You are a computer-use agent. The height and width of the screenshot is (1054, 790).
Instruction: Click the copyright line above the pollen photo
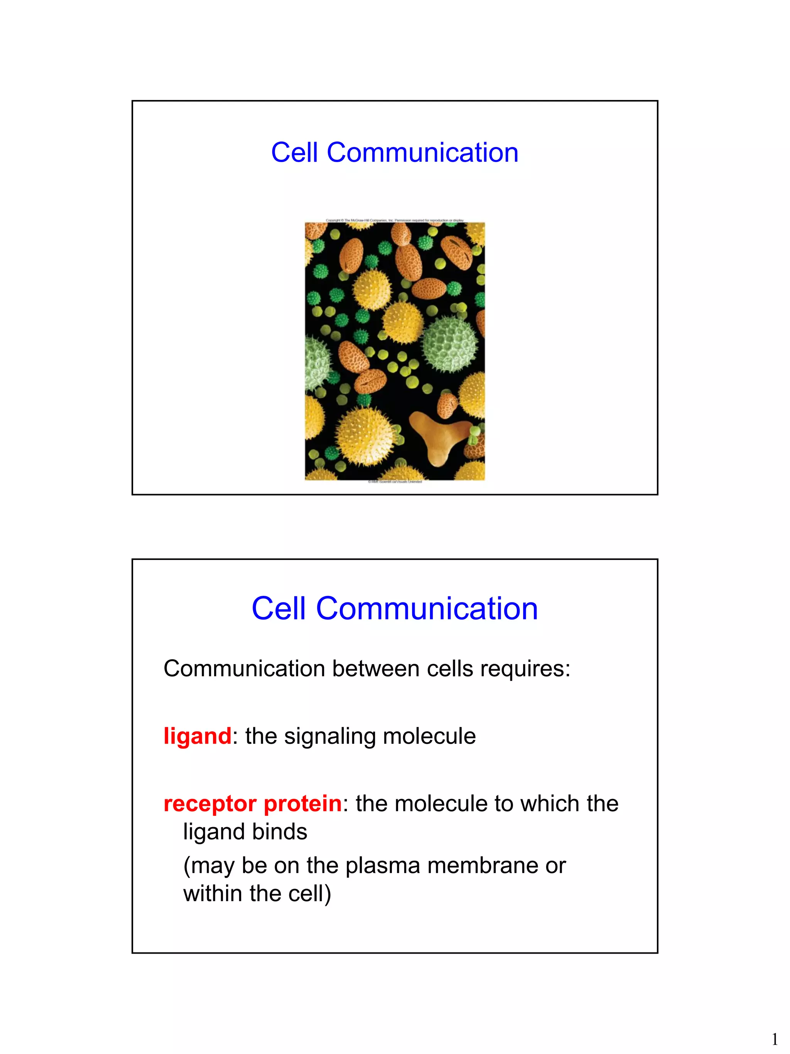coord(394,220)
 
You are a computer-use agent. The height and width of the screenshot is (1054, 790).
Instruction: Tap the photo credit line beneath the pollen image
coord(395,482)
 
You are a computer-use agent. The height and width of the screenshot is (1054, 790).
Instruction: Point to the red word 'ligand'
coord(197,736)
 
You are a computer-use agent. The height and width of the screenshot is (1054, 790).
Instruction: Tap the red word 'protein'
coord(302,804)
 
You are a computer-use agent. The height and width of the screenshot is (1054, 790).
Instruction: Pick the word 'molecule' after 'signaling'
coord(429,736)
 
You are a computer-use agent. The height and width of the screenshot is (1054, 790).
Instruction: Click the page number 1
coord(774,1038)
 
